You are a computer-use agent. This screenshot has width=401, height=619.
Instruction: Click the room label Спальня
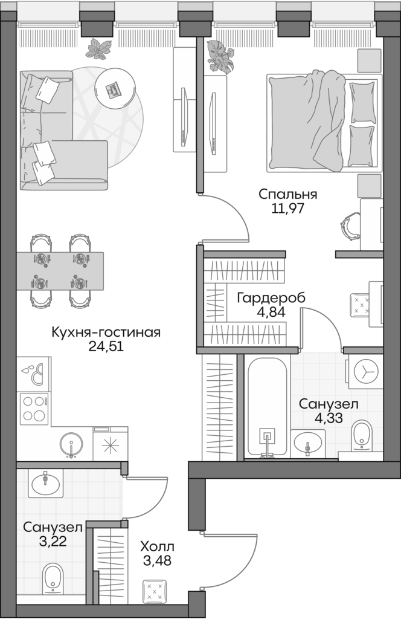[287, 194]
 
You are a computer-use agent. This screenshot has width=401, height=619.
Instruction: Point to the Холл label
[156, 546]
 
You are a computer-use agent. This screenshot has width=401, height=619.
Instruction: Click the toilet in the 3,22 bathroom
[53, 578]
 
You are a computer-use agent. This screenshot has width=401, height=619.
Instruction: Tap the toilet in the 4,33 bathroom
[363, 435]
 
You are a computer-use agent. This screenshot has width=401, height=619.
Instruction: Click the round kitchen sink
[71, 446]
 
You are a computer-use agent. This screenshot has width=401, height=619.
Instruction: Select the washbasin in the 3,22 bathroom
[45, 483]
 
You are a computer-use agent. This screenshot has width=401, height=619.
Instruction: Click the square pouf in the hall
[155, 590]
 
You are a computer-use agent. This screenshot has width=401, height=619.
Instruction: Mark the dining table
[60, 271]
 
